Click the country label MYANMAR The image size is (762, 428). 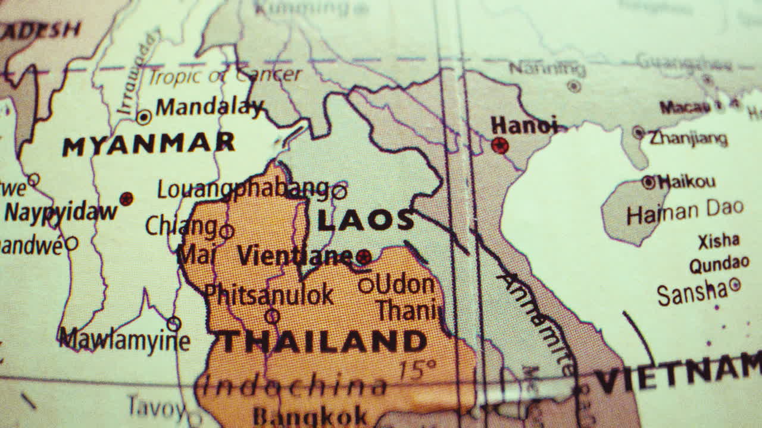tap(149, 144)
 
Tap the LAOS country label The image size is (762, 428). tap(366, 221)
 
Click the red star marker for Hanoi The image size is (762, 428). tap(500, 145)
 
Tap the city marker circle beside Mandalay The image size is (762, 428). tap(143, 117)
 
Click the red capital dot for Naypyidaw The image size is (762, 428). tap(126, 199)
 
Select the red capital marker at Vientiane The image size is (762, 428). tap(364, 257)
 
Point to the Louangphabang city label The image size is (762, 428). tap(243, 189)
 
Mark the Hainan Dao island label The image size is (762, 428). tap(685, 211)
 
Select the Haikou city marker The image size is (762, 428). tap(648, 182)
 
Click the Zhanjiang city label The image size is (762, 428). tap(688, 139)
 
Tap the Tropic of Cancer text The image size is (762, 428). tap(225, 75)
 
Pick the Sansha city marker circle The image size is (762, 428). tap(735, 285)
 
